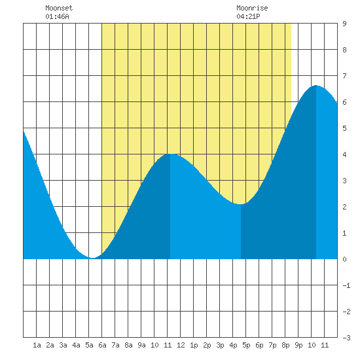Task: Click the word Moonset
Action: coord(59,8)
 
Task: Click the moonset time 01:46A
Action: coord(57,16)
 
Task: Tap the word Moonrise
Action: coord(252,8)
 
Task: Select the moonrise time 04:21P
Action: coord(248,16)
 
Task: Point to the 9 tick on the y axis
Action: coord(344,24)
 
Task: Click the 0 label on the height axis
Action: coord(344,259)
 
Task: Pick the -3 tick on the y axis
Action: coord(346,338)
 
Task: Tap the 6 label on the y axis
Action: coord(344,102)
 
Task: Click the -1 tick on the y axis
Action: coord(346,285)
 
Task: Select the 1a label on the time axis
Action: coord(37,345)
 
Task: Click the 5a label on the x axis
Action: coord(89,345)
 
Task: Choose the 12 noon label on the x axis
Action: coord(181,345)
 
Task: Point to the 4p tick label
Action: coord(233,345)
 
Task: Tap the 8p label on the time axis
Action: coord(285,345)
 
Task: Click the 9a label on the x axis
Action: coord(141,345)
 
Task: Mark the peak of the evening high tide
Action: coord(316,85)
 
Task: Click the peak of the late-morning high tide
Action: coord(170,154)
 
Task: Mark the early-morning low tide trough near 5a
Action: coord(92,258)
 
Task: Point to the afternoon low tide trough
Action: coord(241,204)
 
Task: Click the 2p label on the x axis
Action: coord(207,345)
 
